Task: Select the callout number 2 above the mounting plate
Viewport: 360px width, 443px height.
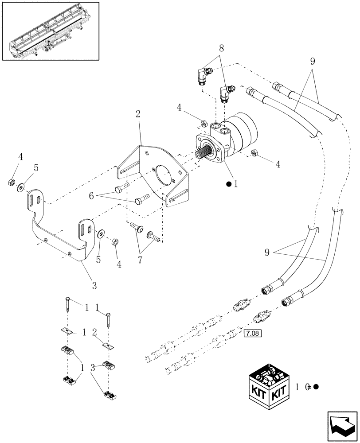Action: pyautogui.click(x=138, y=114)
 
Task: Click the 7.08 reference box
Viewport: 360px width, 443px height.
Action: pyautogui.click(x=253, y=331)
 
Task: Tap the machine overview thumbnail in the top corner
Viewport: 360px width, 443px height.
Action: pyautogui.click(x=50, y=31)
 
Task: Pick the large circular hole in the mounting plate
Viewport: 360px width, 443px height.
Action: pyautogui.click(x=162, y=176)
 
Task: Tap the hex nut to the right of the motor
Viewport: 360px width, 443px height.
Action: pyautogui.click(x=254, y=153)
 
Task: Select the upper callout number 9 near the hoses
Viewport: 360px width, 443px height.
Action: pyautogui.click(x=312, y=62)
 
